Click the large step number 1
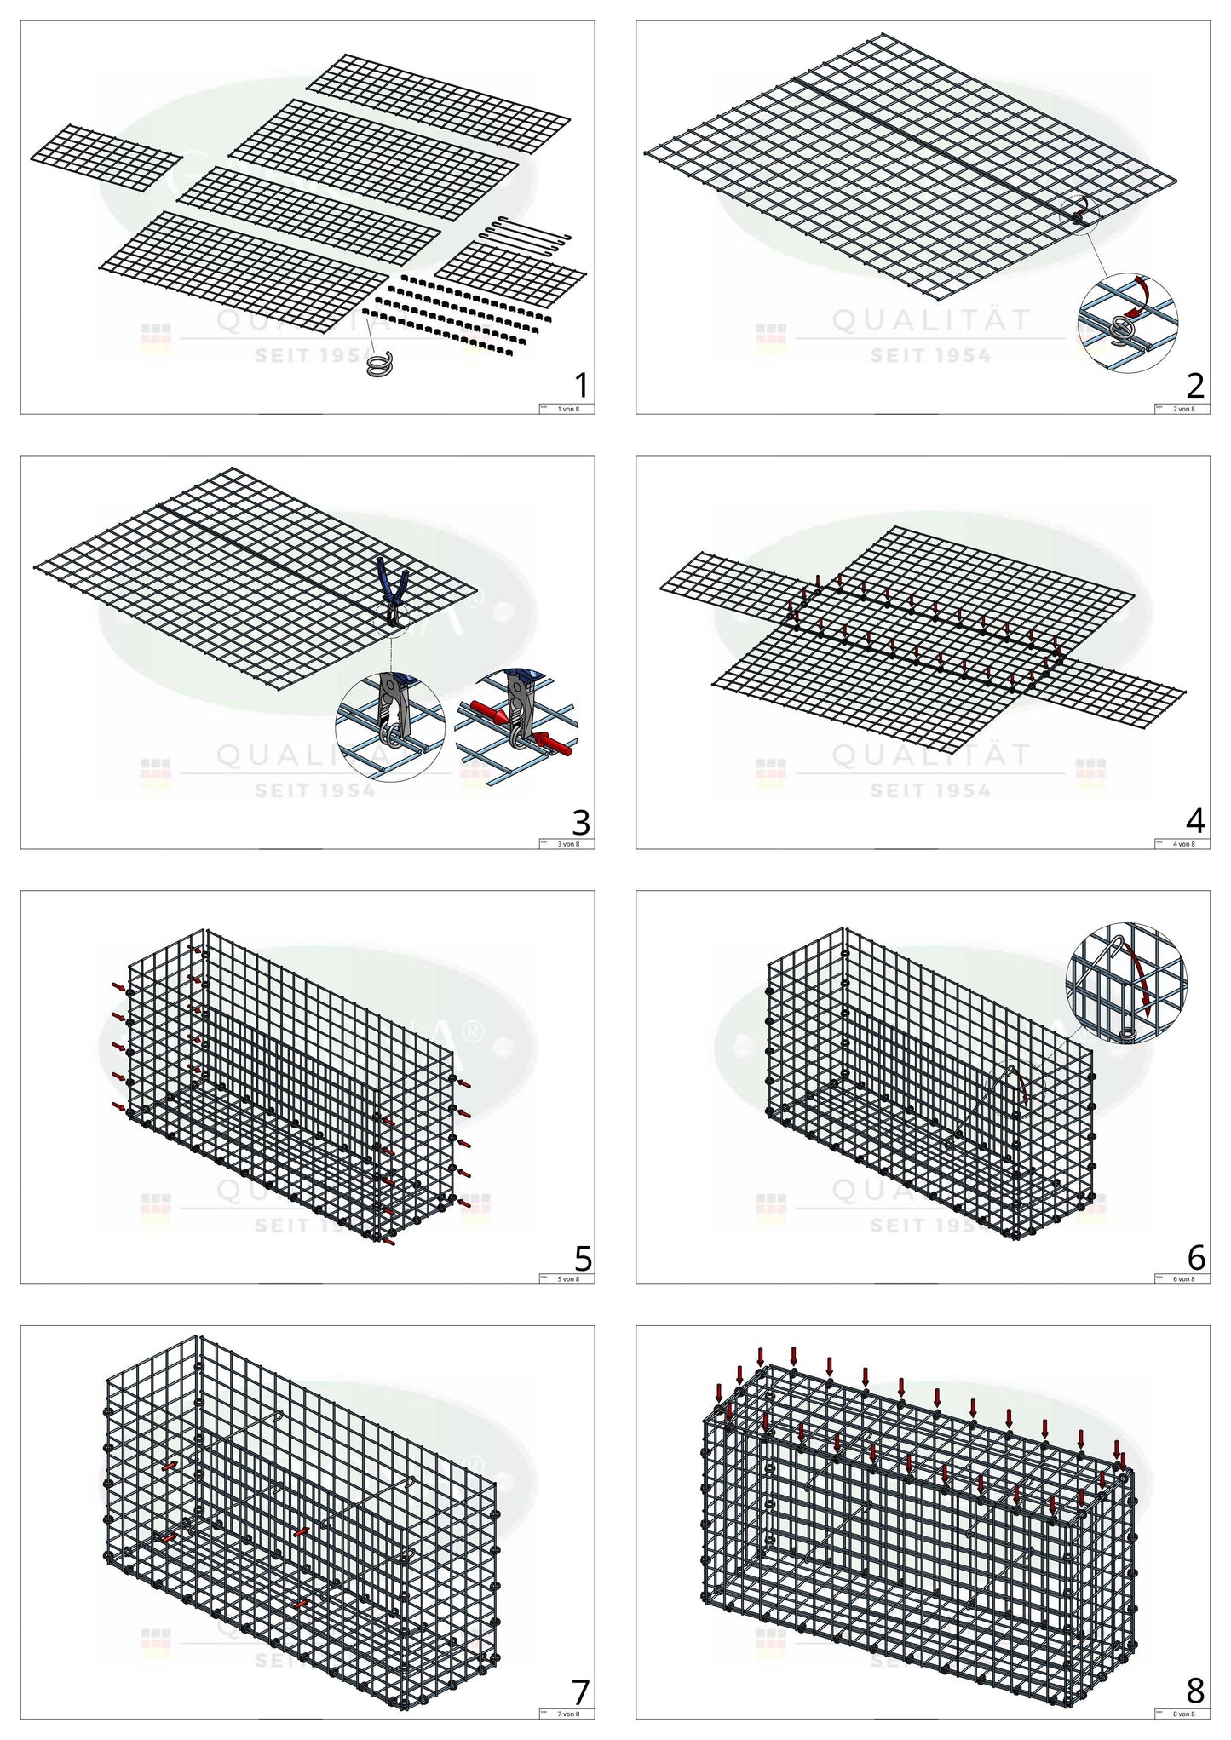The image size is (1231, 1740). (x=582, y=386)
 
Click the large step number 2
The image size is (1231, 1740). (x=1195, y=386)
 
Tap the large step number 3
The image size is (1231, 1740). (x=581, y=822)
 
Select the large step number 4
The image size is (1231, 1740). (x=1195, y=821)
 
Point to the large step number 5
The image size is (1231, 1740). (x=583, y=1257)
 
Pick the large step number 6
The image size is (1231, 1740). (x=1196, y=1257)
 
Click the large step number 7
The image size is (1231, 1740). (x=581, y=1691)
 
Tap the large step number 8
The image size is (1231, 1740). (x=1195, y=1691)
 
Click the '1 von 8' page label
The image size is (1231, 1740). (x=567, y=409)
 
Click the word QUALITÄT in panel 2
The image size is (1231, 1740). (x=931, y=320)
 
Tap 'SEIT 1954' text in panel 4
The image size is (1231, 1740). (x=931, y=791)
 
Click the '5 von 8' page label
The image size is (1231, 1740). (x=567, y=1279)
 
